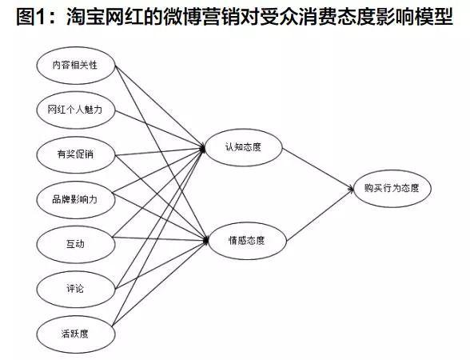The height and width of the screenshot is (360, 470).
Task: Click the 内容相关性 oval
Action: click(x=76, y=66)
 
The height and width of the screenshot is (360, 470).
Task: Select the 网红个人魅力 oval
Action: click(x=76, y=110)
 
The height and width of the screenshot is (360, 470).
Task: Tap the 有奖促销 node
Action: click(x=76, y=155)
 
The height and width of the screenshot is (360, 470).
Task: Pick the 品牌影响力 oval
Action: click(x=76, y=199)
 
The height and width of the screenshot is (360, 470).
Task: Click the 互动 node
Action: click(x=76, y=244)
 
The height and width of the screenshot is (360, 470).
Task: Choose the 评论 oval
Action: click(x=76, y=289)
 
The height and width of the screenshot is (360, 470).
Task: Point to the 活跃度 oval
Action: click(x=76, y=334)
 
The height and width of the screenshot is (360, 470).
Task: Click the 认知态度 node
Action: click(x=243, y=147)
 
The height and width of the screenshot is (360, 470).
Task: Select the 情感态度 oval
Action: click(x=247, y=241)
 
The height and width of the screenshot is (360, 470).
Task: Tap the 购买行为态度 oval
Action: click(x=392, y=189)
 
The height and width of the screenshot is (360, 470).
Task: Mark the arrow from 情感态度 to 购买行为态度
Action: click(x=320, y=214)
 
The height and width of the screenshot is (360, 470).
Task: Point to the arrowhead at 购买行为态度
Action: click(x=351, y=189)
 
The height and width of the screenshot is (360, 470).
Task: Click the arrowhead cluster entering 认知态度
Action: click(x=202, y=148)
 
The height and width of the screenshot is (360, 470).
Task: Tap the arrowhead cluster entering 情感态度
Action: click(x=205, y=240)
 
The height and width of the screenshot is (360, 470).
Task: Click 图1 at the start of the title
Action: click(x=30, y=17)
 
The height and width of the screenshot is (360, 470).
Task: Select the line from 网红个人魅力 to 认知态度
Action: click(x=160, y=130)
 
